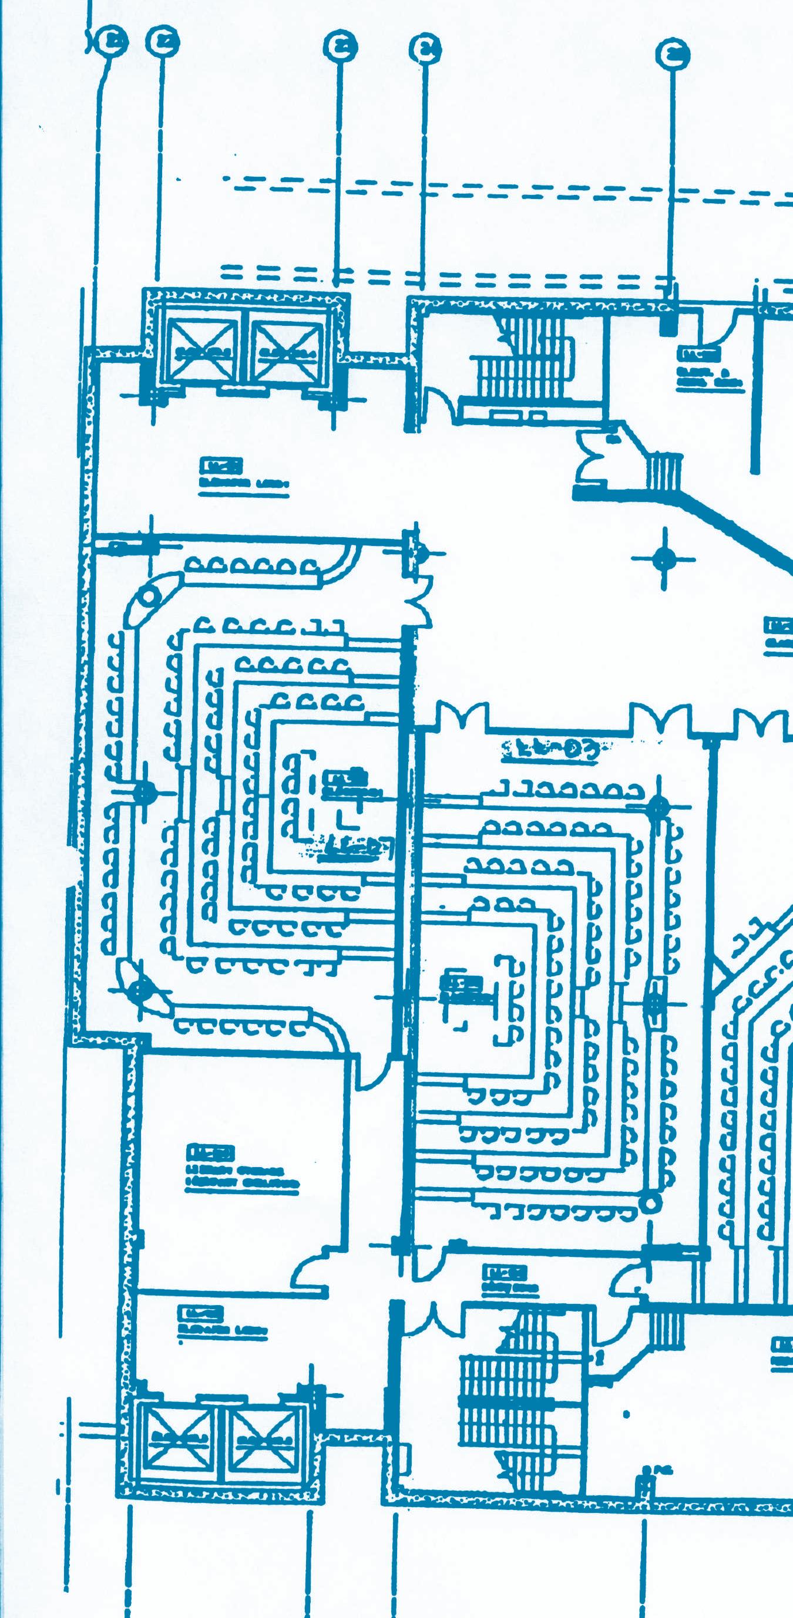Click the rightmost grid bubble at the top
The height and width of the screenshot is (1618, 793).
pos(672,54)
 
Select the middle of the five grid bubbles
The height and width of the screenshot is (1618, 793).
pos(340,46)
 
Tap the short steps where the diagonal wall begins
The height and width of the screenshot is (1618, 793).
pos(664,473)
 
